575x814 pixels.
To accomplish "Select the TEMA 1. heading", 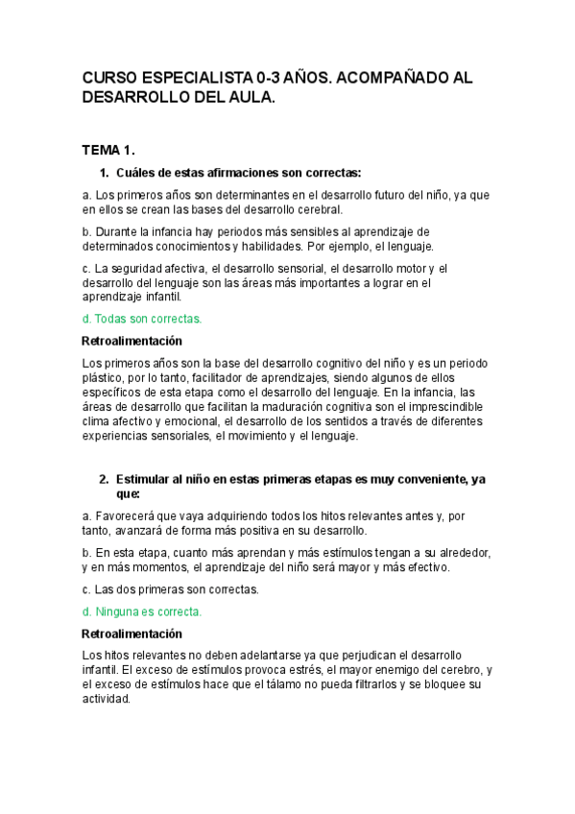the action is click(x=108, y=151).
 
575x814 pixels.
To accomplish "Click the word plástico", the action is click(x=107, y=378).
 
